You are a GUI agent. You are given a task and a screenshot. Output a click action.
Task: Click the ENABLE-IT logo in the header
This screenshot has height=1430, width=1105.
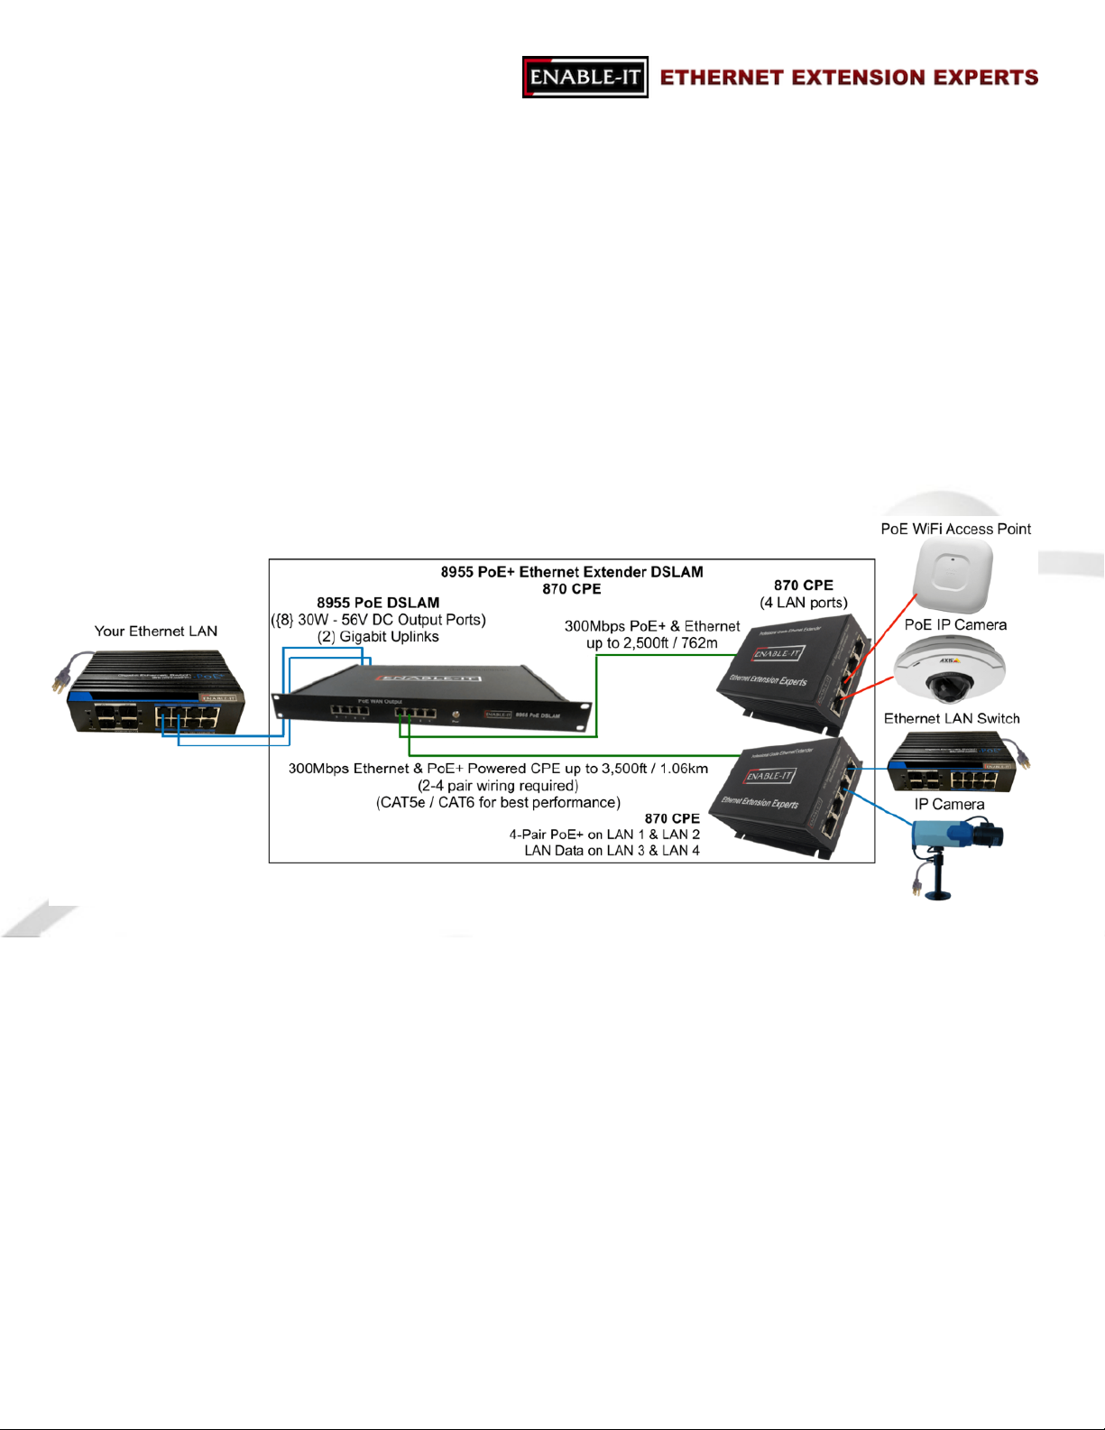(585, 77)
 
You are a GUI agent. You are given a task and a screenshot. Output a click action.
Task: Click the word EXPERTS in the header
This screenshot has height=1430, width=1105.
(984, 78)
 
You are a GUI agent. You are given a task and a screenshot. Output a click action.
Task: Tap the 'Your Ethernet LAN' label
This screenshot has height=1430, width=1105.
(156, 632)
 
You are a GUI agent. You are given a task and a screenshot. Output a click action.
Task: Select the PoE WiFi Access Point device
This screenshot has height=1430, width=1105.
(952, 575)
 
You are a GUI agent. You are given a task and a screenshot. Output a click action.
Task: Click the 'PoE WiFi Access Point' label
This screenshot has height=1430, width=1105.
(955, 530)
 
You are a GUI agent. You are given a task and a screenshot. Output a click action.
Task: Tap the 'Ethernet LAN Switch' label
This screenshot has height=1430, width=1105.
(952, 719)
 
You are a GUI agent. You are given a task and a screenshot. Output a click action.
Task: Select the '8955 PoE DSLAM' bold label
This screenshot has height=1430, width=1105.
(378, 603)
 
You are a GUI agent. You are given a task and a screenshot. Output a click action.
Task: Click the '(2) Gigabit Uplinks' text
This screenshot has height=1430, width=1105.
(378, 637)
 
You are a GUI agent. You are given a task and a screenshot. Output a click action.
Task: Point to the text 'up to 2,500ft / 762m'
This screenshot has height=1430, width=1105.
(652, 643)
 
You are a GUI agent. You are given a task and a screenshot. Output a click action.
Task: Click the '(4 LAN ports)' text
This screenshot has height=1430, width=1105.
(803, 603)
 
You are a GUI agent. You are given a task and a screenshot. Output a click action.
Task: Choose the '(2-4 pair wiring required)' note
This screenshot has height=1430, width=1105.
(498, 786)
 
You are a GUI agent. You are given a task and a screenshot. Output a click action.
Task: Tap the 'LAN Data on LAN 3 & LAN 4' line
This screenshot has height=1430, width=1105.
(612, 851)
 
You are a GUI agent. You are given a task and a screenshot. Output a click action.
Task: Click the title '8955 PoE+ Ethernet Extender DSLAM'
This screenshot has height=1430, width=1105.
(572, 572)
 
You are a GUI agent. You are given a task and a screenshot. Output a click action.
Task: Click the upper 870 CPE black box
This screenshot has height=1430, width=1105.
(794, 668)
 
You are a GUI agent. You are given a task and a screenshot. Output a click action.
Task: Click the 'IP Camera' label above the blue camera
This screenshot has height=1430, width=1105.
(949, 805)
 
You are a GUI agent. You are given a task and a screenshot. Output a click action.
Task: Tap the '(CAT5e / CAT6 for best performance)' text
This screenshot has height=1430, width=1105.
(498, 803)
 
